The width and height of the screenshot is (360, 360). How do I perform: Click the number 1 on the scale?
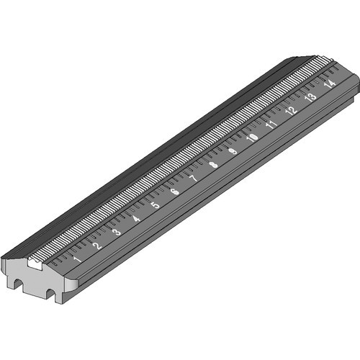click(x=77, y=258)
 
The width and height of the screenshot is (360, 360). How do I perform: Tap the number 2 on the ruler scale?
click(x=97, y=246)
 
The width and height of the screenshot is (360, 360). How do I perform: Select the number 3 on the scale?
click(x=117, y=232)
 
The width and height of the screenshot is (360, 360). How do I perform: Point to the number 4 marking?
click(x=136, y=218)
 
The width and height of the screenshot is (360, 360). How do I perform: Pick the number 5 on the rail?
click(x=155, y=205)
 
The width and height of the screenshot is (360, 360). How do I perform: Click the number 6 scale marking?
click(x=174, y=192)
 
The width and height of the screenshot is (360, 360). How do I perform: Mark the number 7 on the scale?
click(x=193, y=178)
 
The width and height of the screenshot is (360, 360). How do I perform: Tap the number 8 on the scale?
click(x=213, y=165)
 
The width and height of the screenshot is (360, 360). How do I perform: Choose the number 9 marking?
click(x=233, y=151)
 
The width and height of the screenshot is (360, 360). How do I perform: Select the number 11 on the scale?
click(x=271, y=124)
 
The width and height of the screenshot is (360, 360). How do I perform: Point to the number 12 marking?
click(x=291, y=110)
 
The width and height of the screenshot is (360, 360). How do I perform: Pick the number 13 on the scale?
click(x=310, y=96)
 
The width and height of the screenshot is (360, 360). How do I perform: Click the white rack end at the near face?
click(x=32, y=264)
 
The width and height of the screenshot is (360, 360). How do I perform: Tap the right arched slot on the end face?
click(x=51, y=292)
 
